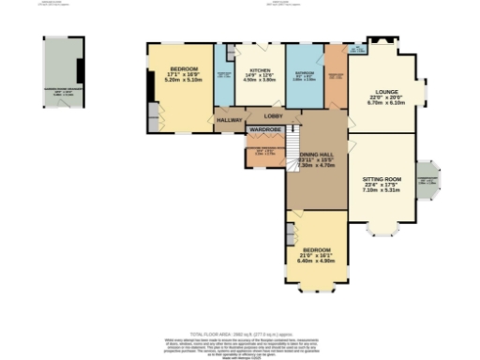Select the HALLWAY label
click(230, 121)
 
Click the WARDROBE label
click(264, 130)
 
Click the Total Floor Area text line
click(240, 333)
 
